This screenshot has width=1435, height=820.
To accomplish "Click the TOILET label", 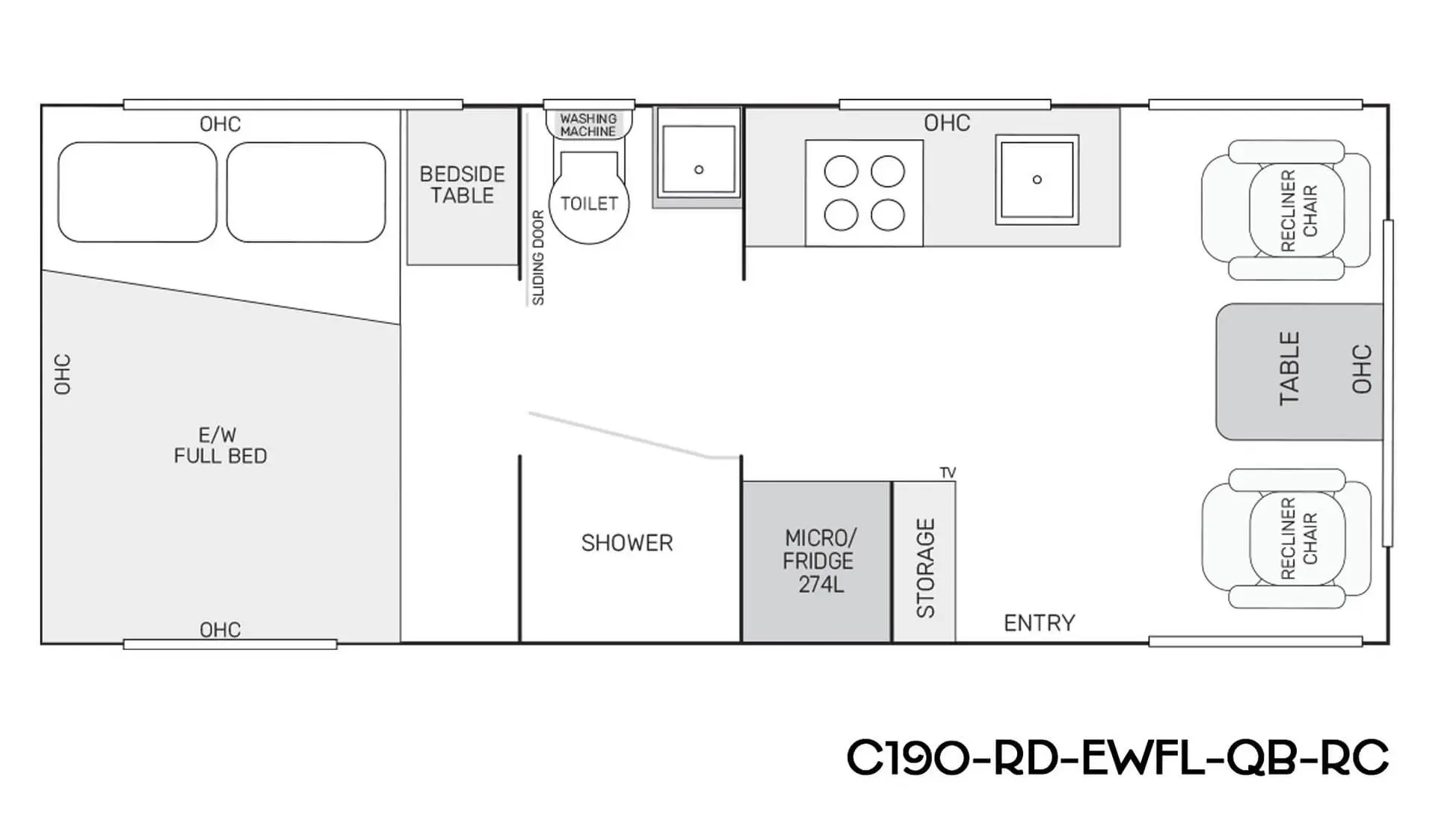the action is click(589, 203).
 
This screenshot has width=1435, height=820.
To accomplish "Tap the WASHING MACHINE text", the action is click(589, 125).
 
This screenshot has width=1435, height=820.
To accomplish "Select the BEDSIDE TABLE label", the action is click(462, 185).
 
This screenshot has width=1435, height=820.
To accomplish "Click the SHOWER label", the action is click(627, 543).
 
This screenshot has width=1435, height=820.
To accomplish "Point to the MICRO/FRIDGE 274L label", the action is click(818, 561).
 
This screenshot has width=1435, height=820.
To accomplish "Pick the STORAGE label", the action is click(925, 568).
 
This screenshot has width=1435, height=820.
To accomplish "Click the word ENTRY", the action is click(1039, 623).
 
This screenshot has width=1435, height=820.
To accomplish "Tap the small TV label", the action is click(948, 472).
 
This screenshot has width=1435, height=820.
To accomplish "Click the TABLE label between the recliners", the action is click(1290, 369).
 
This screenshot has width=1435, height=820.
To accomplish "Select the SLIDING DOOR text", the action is click(538, 258).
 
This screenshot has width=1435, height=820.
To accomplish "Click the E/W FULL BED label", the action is click(220, 446).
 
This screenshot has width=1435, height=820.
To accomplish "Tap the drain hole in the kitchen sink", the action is click(1037, 179).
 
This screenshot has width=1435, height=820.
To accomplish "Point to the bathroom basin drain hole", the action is click(699, 170).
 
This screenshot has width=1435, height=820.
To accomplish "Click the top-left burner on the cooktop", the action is click(841, 171).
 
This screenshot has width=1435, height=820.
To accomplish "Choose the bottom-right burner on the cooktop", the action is click(888, 215).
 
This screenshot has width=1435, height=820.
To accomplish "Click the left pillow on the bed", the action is click(138, 192).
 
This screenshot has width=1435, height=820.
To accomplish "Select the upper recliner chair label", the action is click(1299, 211).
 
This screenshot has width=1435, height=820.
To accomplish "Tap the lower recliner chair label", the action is click(1299, 538).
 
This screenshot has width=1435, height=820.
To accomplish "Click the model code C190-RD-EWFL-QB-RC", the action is click(1117, 757).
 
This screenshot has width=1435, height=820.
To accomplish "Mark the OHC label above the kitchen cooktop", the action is click(947, 123).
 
